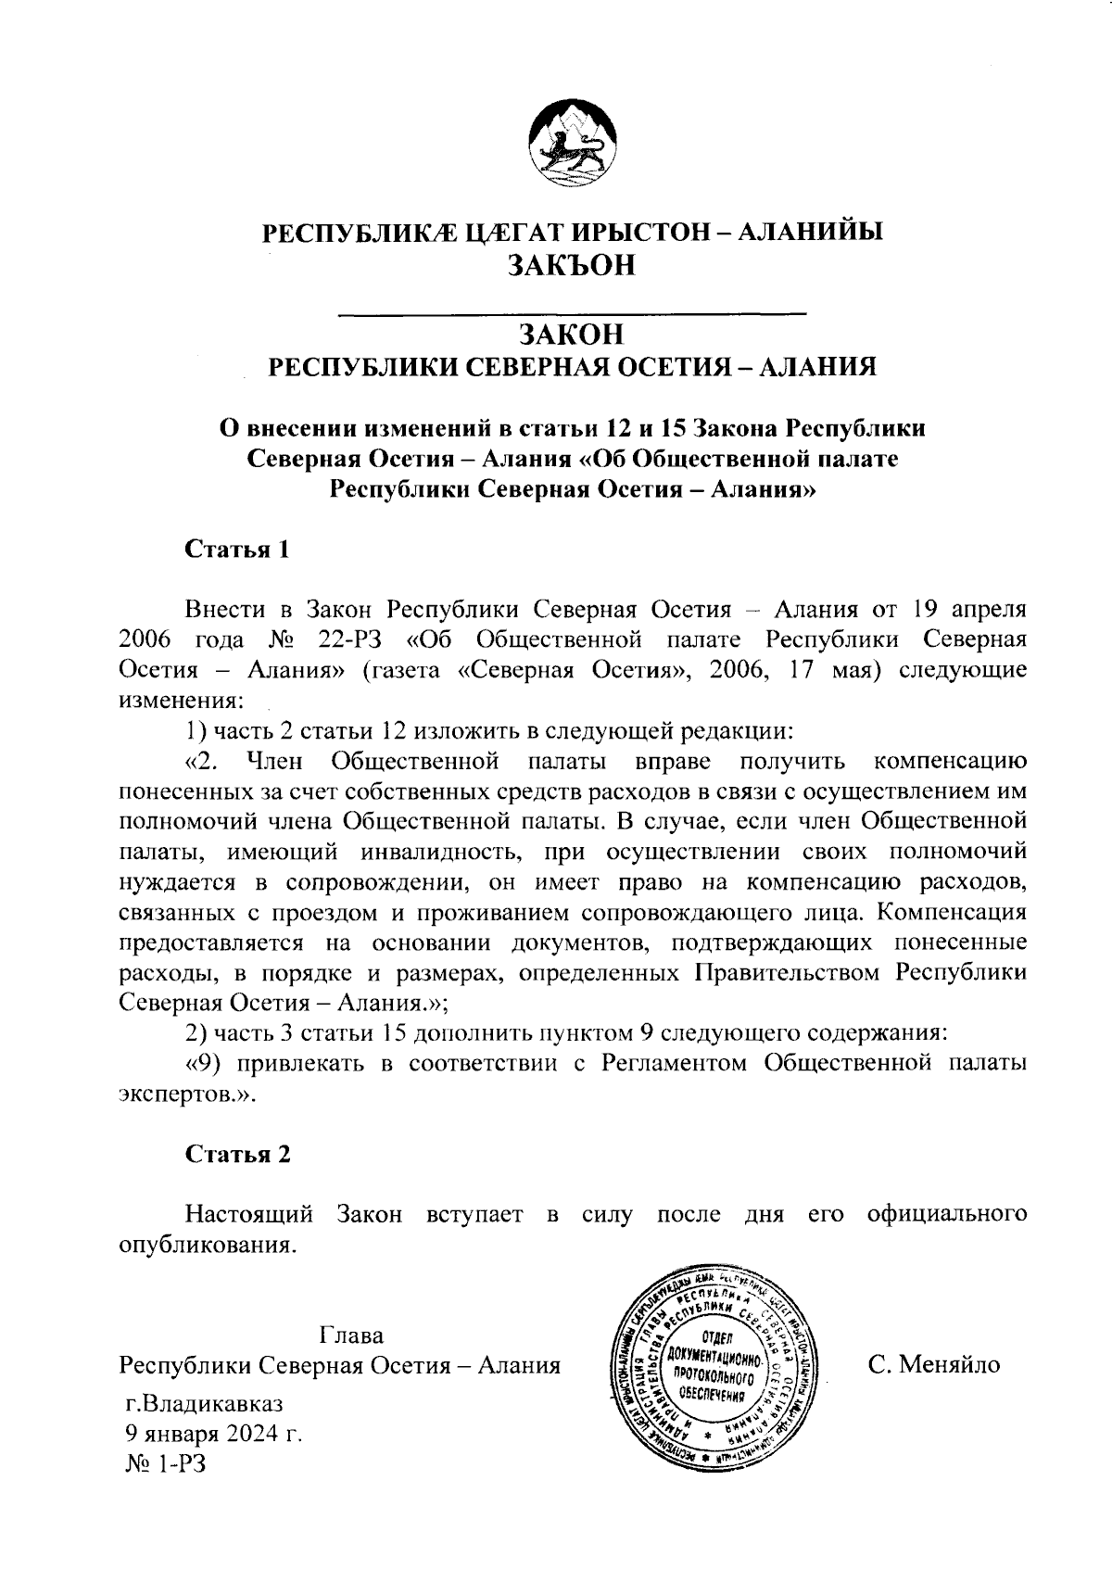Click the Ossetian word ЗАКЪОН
click(x=572, y=266)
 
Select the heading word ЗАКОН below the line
click(x=571, y=335)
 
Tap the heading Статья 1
click(x=238, y=550)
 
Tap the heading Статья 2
click(x=238, y=1154)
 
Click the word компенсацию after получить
click(x=950, y=762)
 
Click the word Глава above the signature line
click(x=351, y=1335)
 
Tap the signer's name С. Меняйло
click(x=934, y=1365)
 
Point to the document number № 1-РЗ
click(x=165, y=1464)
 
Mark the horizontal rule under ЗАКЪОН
click(x=573, y=315)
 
